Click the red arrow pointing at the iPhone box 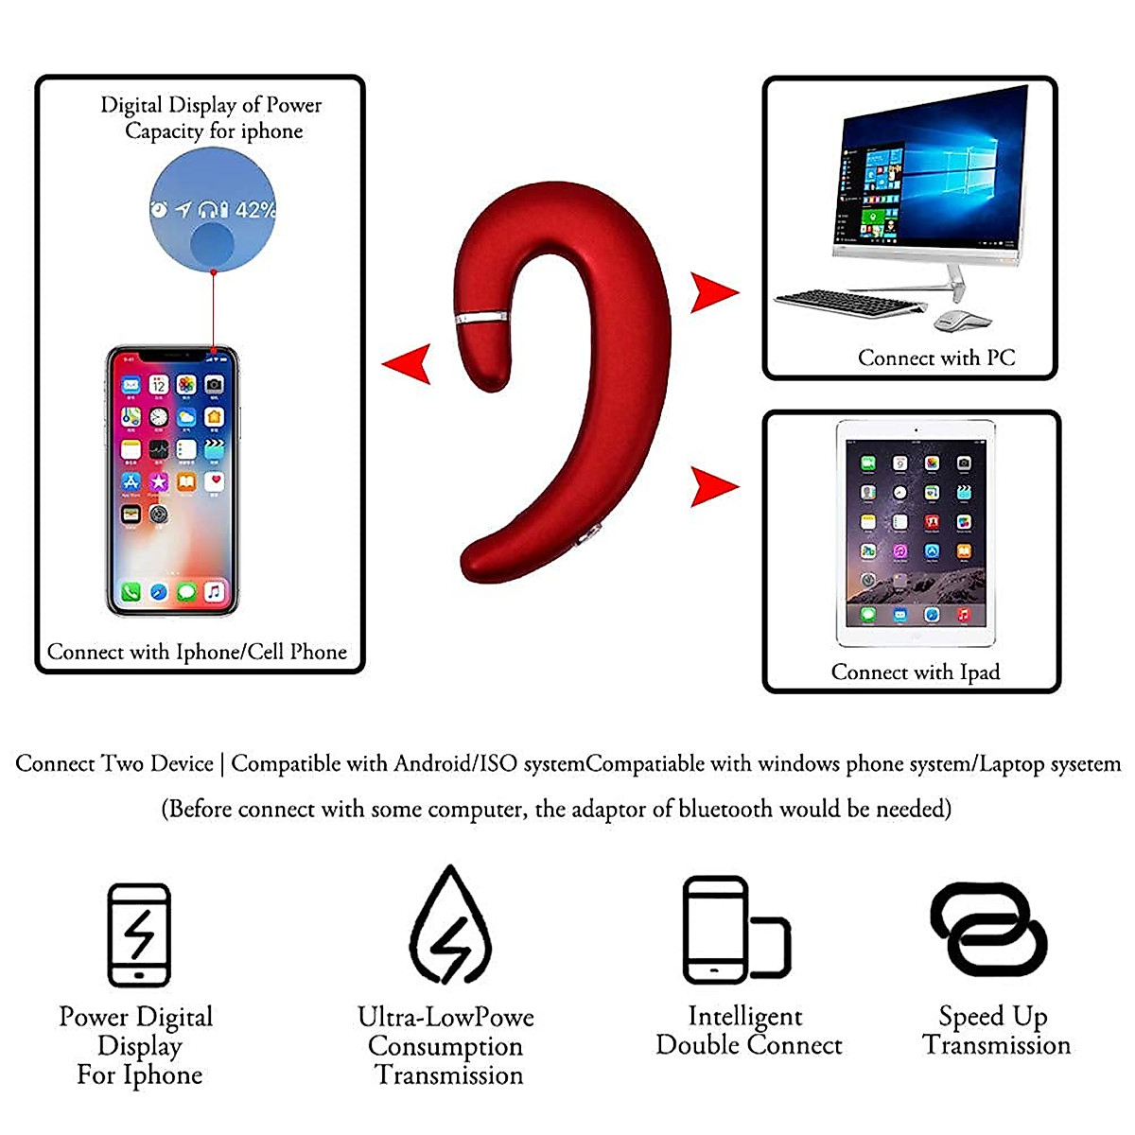click(x=409, y=363)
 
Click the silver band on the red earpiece click(x=480, y=316)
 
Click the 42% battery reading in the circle click(x=255, y=210)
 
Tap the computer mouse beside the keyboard click(x=961, y=321)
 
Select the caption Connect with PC click(x=936, y=358)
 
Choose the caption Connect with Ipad click(x=915, y=672)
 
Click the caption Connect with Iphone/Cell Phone click(x=197, y=652)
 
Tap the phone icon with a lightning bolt click(x=139, y=935)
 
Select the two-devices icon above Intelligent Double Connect click(x=736, y=931)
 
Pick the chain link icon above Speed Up click(x=988, y=929)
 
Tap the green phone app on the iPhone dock click(x=131, y=592)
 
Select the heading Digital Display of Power click(x=211, y=104)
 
